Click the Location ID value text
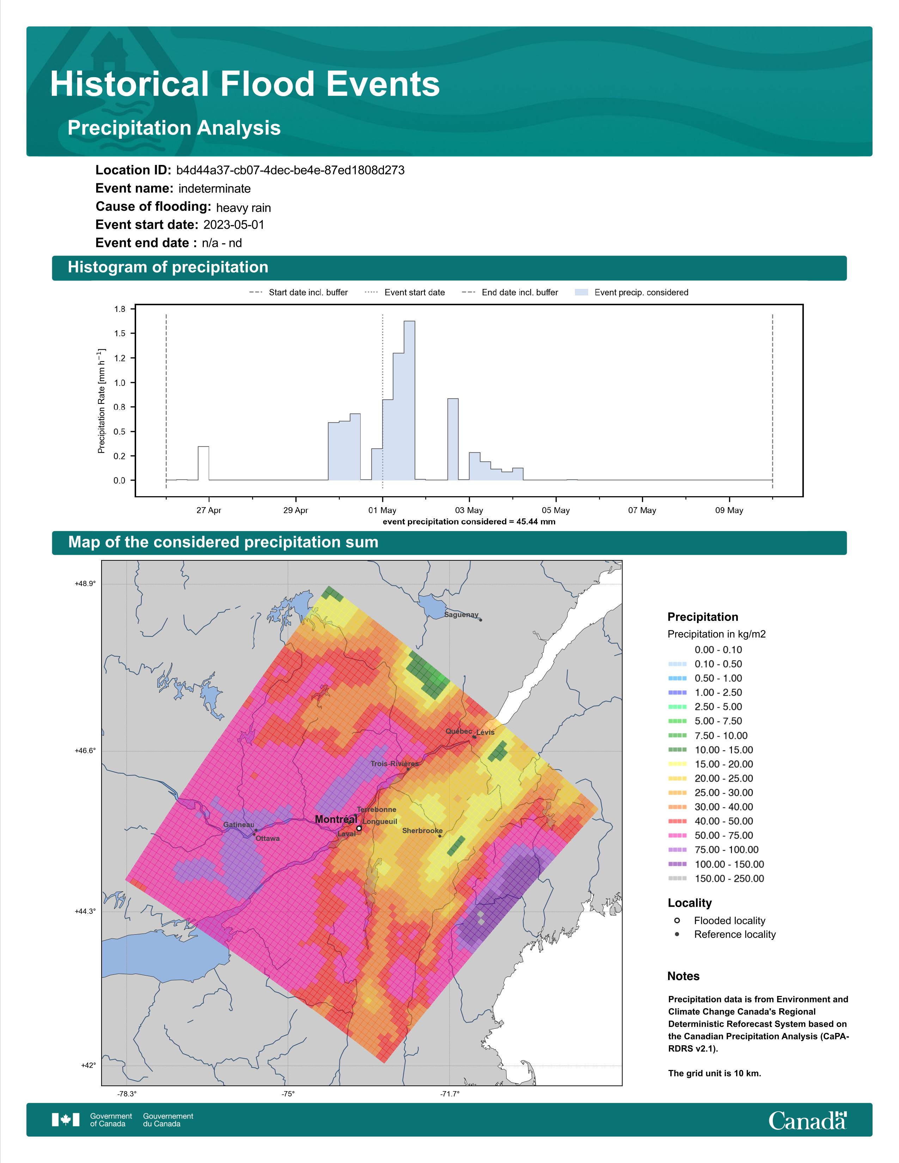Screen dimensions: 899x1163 [x=290, y=171]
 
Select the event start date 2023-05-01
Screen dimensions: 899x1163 [x=234, y=225]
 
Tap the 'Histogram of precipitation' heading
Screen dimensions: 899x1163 [x=168, y=267]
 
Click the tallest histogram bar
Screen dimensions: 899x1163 [x=410, y=400]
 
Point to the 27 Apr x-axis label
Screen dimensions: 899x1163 [x=209, y=510]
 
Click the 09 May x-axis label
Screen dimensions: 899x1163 [x=729, y=510]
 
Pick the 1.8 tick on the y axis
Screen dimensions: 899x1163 [x=120, y=309]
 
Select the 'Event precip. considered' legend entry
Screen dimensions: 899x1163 [x=632, y=293]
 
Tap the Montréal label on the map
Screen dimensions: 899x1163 [x=336, y=819]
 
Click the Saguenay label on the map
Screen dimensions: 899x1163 [x=461, y=615]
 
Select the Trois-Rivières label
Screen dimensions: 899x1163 [x=395, y=764]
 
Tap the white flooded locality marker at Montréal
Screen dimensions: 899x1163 [x=359, y=829]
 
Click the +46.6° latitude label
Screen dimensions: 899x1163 [x=85, y=751]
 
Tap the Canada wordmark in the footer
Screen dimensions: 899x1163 [x=807, y=1120]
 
